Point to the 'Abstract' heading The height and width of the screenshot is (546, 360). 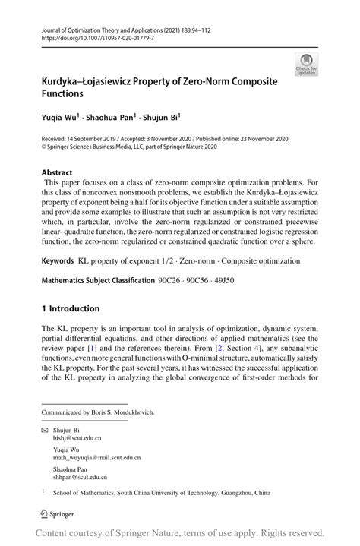pos(58,172)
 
